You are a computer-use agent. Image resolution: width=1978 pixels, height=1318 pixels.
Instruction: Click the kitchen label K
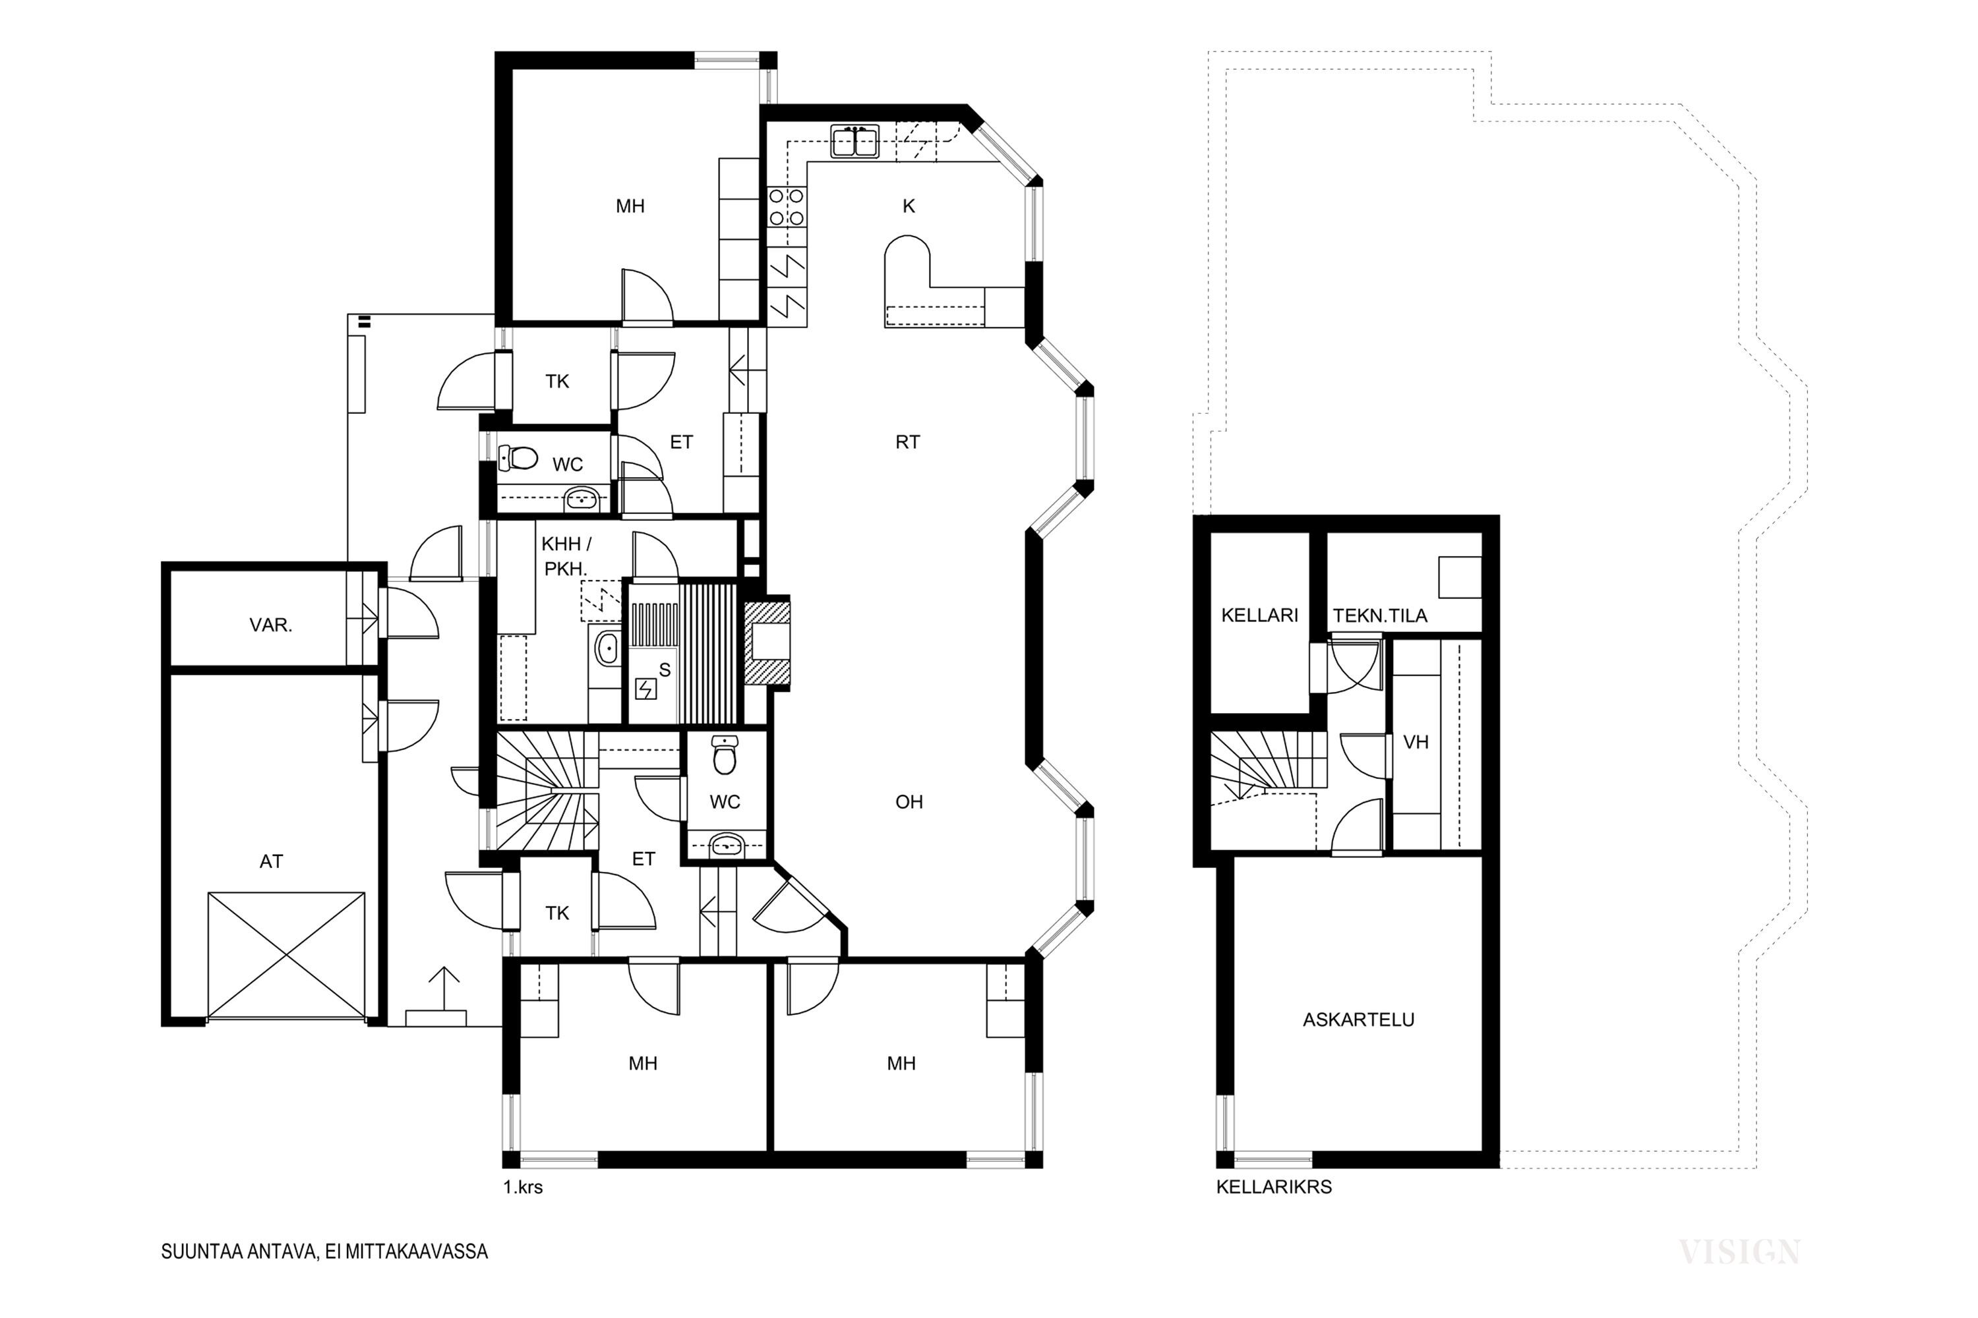point(909,206)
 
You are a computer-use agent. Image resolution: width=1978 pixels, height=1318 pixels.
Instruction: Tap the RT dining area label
point(907,442)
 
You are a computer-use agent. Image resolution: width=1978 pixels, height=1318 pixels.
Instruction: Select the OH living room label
point(909,802)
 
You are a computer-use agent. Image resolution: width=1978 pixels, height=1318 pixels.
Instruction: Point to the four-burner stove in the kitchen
point(787,208)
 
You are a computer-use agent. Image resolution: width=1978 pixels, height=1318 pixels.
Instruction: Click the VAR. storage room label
point(271,625)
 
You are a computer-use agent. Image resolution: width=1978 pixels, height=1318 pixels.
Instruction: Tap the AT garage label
point(271,861)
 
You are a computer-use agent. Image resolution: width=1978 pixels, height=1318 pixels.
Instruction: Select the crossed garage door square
point(286,957)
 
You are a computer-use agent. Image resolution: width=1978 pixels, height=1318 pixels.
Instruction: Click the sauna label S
point(665,670)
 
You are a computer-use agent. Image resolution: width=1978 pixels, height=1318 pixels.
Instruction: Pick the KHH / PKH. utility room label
point(565,556)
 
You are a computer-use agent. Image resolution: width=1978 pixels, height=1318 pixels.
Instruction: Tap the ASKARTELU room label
point(1358,1019)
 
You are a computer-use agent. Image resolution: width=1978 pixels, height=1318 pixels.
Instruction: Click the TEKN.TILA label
point(1380,616)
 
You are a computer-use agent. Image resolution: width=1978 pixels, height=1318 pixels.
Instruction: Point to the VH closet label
point(1416,742)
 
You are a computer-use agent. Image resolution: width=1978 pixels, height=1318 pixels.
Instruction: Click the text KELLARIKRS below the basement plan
point(1274,1187)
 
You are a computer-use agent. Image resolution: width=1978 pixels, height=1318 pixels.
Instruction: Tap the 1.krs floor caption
point(523,1188)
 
